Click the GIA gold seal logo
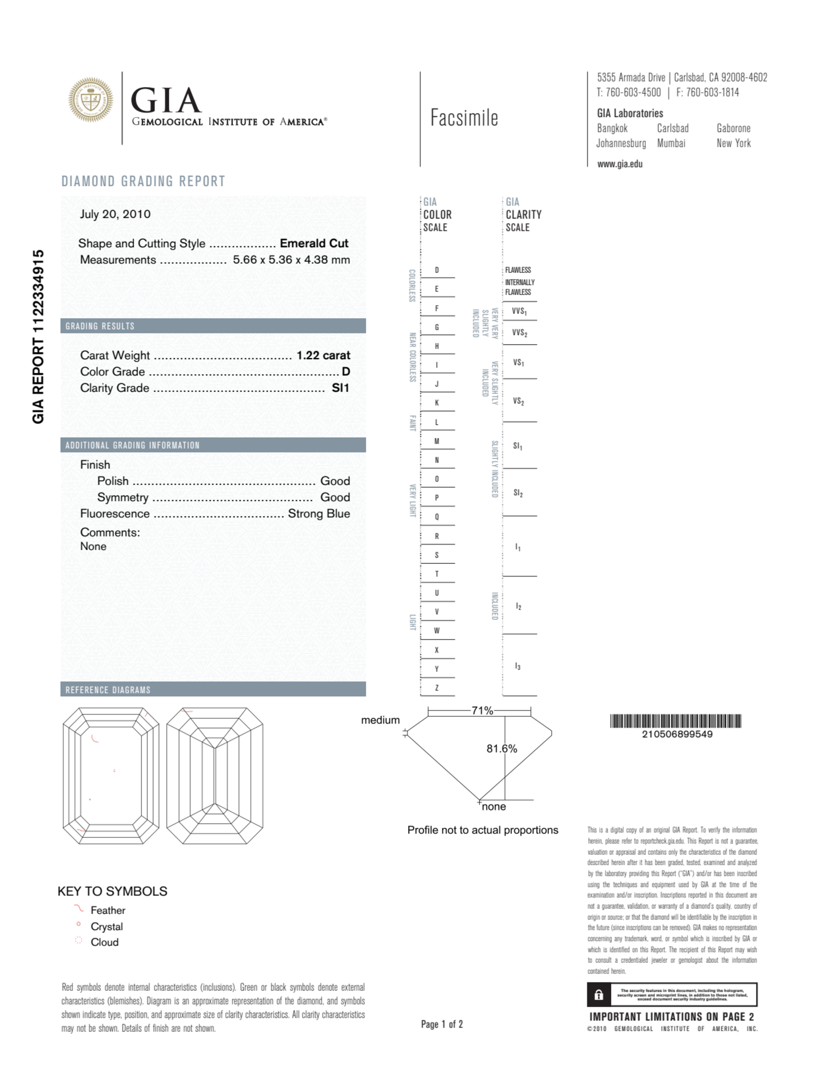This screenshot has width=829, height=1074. coord(90,100)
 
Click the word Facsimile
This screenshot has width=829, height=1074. coord(464,118)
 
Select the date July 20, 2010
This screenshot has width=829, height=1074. coord(115,214)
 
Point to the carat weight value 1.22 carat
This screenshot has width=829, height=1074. coord(323,355)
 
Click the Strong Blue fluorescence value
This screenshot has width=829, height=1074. coord(319,513)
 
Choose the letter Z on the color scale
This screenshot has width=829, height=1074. coord(436,688)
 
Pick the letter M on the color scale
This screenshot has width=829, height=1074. coord(436,441)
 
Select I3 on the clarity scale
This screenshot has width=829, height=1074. coord(517,666)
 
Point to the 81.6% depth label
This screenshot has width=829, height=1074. coord(501,748)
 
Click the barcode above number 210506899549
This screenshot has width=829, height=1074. coord(675,721)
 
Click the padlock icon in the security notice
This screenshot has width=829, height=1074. coord(598,995)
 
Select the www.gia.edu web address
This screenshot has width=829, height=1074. coord(619,164)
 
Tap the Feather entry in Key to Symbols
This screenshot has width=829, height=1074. coord(108,910)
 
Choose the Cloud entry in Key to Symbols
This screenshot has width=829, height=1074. coord(104,942)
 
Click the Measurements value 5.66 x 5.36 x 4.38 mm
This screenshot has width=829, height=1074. coord(291,260)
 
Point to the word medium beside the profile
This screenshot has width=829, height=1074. coord(380,720)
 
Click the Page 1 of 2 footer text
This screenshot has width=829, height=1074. coord(441,1024)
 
